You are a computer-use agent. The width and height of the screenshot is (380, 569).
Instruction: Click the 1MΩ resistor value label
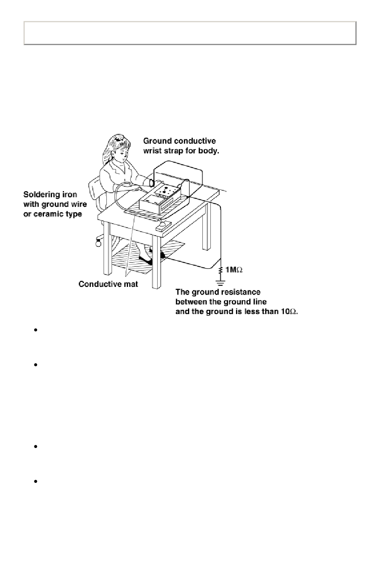point(234,270)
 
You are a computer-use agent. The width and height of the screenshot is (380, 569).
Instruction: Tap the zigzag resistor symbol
point(220,271)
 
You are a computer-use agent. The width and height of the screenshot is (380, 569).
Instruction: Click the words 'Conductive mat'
point(108,284)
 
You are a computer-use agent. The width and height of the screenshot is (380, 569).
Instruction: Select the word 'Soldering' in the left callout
point(42,195)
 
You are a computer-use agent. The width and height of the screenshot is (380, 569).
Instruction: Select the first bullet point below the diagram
point(36,331)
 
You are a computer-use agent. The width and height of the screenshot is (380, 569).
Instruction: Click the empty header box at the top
point(190,33)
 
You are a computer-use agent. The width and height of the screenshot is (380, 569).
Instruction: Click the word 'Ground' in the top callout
point(157,141)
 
